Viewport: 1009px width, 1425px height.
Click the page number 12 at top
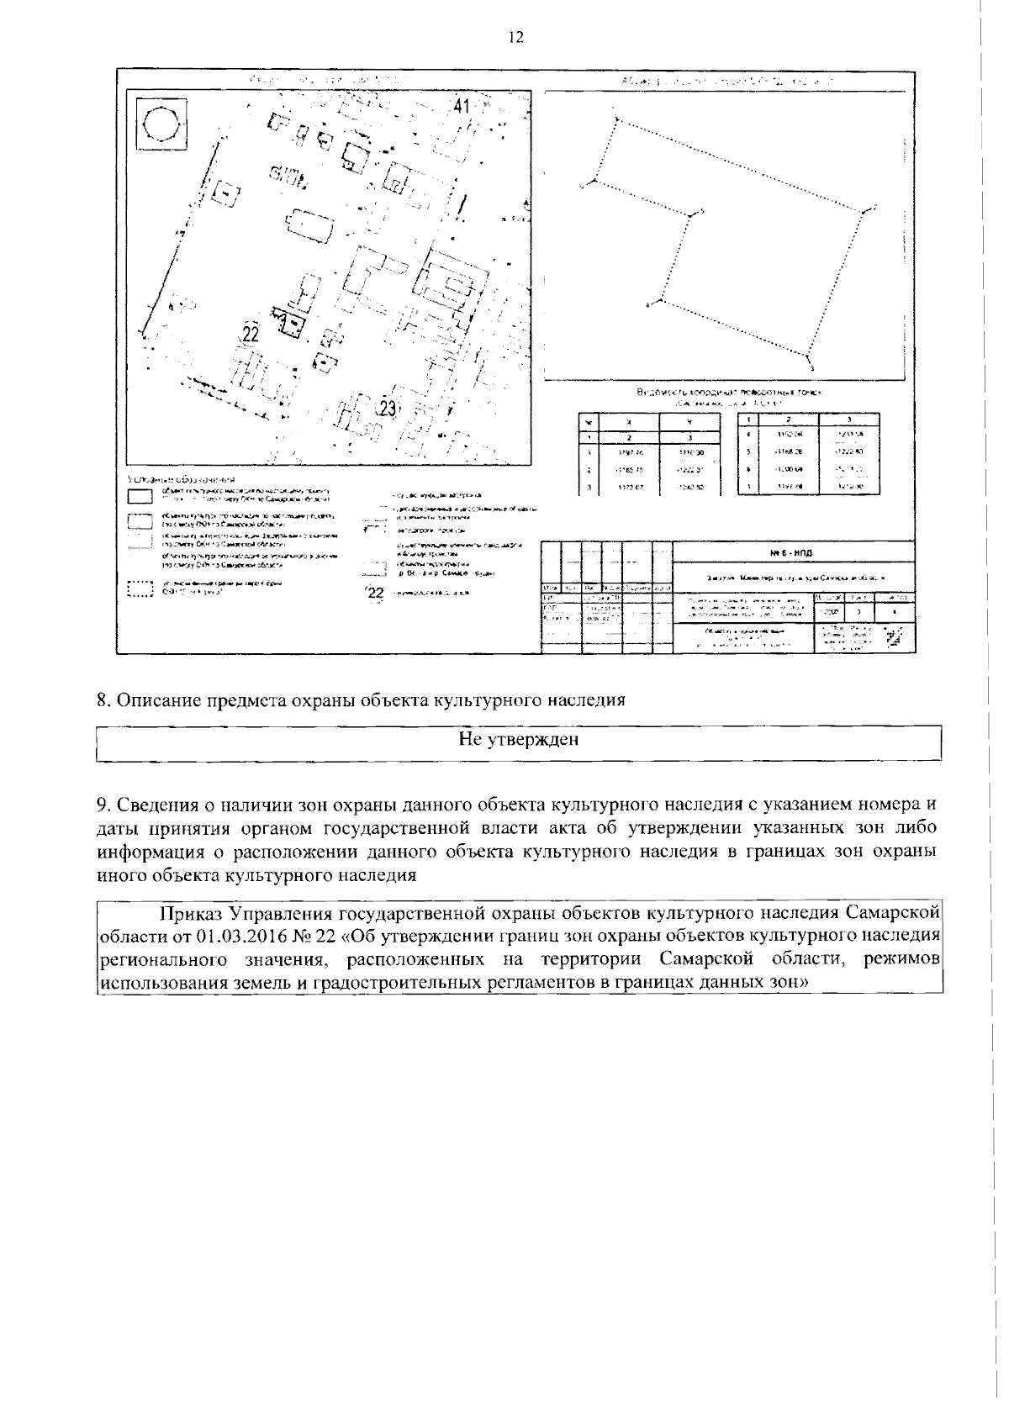click(x=515, y=38)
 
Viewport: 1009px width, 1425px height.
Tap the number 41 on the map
click(x=462, y=106)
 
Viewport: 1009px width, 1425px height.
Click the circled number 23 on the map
click(x=388, y=409)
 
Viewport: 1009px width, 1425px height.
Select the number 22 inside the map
click(x=250, y=334)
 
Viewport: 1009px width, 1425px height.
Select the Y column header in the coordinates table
click(x=690, y=423)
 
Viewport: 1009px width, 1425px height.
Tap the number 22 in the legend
click(x=376, y=594)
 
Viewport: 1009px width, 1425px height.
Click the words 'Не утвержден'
click(x=518, y=739)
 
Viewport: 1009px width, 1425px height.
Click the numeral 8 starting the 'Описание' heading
click(x=102, y=700)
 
